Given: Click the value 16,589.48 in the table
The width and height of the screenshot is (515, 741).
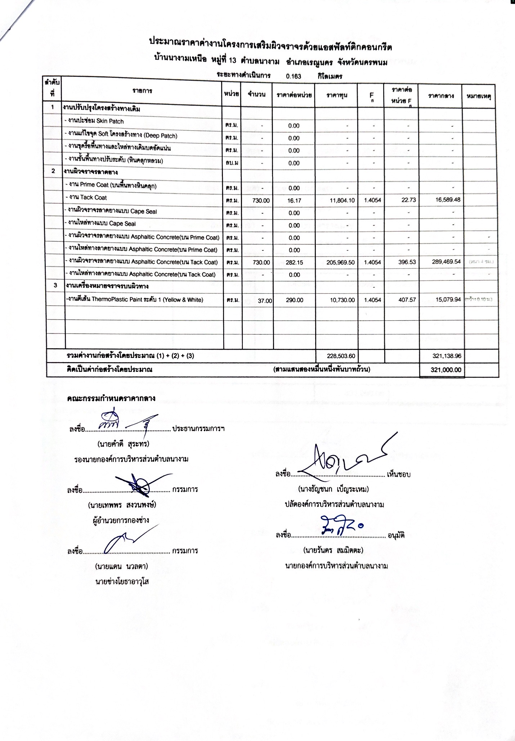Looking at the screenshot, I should pos(448,199).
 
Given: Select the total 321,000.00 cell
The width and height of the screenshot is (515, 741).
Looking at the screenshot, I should pos(445,369).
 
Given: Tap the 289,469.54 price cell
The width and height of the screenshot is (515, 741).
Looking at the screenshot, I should pos(446,262).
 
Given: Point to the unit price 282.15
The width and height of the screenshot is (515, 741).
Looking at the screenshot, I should pos(294,262).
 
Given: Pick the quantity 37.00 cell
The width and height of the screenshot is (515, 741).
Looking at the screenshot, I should pos(265,301).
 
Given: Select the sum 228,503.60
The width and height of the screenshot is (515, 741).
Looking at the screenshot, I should pos(341,356).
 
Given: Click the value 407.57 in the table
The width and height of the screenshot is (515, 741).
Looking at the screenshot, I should pos(407,299).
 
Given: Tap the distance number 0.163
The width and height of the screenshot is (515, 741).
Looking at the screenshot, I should pos(294,76).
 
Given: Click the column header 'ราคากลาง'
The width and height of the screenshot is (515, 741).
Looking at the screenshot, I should pos(440,96).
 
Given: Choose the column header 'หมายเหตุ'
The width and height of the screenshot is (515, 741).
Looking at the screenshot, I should pos(479,96).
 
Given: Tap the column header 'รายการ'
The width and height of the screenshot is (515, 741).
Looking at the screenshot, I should pos(142,91).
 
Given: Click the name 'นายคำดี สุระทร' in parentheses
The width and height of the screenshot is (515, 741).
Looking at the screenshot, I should pos(123,444).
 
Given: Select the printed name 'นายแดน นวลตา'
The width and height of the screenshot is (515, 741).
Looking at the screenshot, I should pos(121,566).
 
